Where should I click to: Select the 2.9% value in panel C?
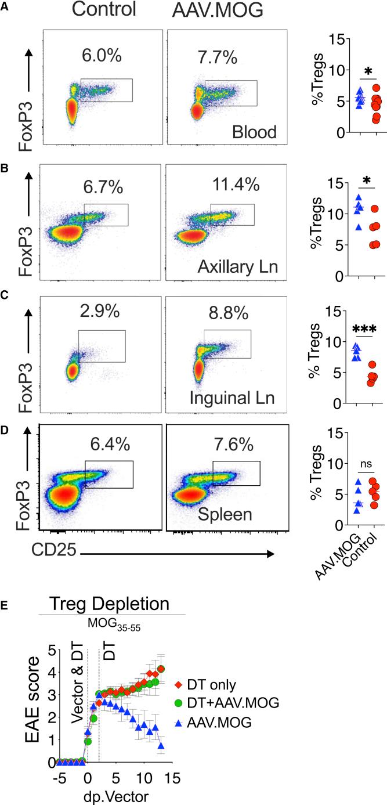pos(100,311)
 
